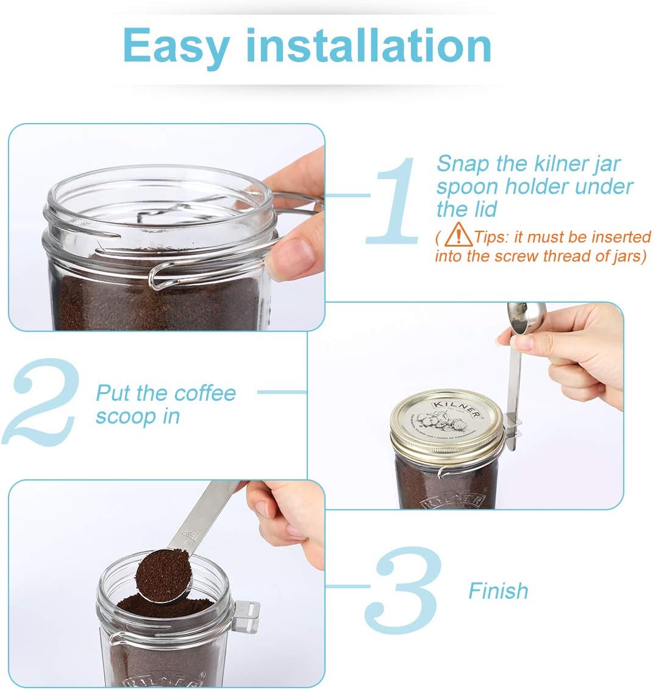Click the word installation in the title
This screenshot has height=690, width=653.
(x=368, y=45)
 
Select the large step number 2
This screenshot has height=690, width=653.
(x=42, y=401)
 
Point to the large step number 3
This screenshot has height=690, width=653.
(x=402, y=590)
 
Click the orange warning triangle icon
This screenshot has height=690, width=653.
(x=459, y=234)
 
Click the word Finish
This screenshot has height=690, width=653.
(x=498, y=591)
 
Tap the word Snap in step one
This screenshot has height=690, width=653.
(x=463, y=164)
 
